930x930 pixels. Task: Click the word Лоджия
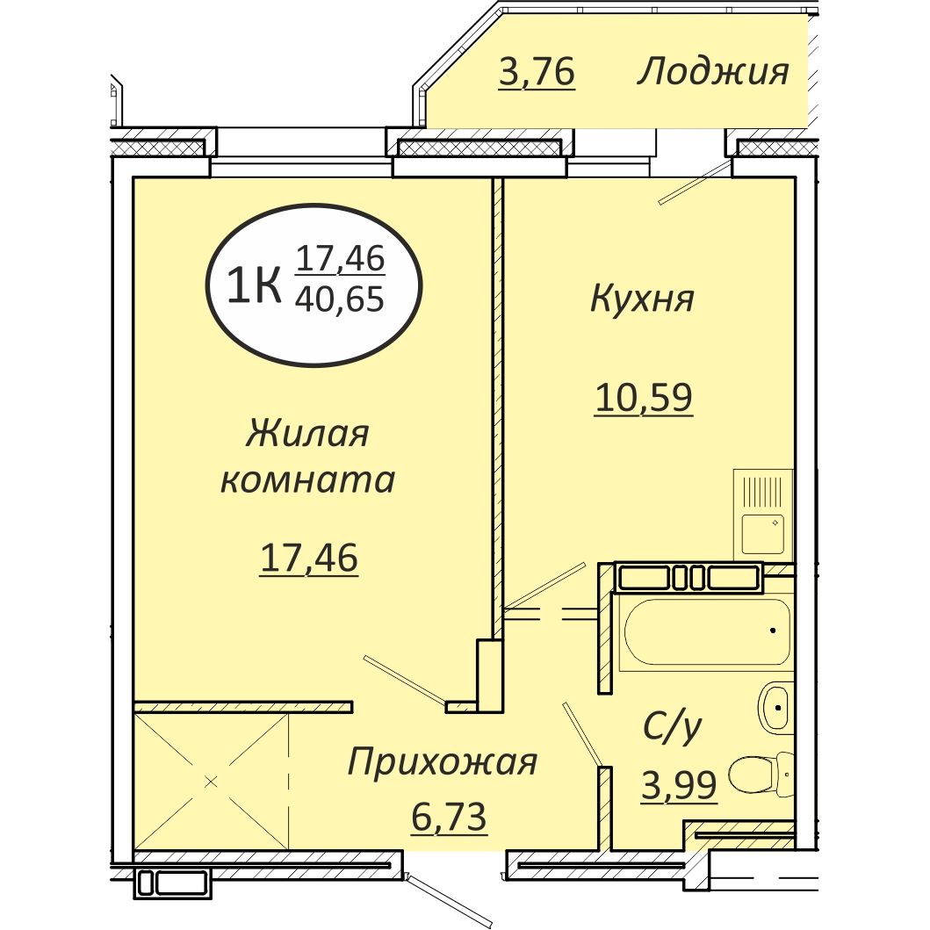pos(712,72)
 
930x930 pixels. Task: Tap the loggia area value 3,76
pos(536,73)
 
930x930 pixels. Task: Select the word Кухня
pos(642,299)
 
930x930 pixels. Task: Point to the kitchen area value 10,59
pos(644,398)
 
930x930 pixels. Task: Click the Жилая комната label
pos(307,457)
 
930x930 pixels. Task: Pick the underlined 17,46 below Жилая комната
pos(308,558)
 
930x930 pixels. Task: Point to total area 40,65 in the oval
pos(340,300)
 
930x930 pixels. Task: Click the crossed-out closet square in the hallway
pos(211,780)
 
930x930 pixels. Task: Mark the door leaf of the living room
pos(405,680)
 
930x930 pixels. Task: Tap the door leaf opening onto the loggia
pos(695,183)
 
